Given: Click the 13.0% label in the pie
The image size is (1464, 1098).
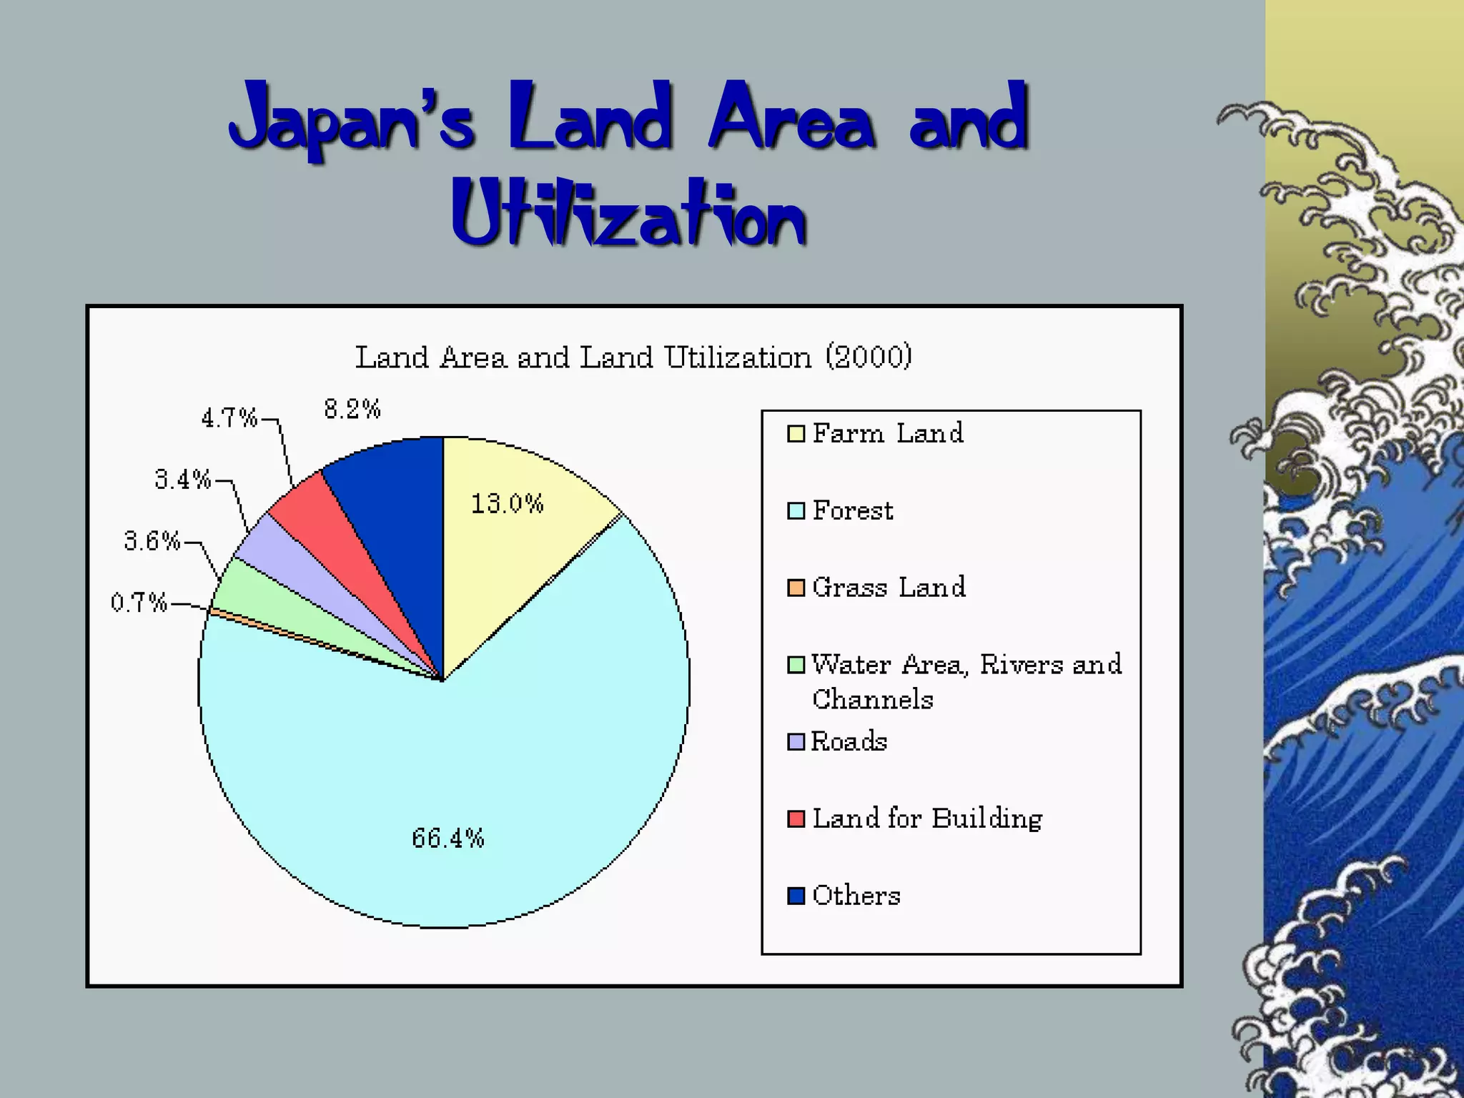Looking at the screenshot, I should (507, 504).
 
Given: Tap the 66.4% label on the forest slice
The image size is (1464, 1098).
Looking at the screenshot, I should (448, 838).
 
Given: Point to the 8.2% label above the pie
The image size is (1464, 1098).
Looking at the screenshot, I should (352, 409).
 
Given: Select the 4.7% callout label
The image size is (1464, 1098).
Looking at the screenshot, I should (229, 417).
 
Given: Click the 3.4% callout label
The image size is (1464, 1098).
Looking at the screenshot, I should (183, 479).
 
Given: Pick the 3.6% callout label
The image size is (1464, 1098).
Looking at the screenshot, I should (152, 541).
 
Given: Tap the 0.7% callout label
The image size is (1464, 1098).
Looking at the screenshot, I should (139, 603).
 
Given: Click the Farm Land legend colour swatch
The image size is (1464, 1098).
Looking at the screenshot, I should (796, 434).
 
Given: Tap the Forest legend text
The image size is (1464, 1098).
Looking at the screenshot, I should (853, 510).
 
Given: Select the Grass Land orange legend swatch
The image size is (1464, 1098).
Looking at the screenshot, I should (796, 588).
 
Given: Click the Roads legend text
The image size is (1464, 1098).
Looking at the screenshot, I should (849, 741).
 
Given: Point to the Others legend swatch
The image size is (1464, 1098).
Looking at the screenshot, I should (796, 896).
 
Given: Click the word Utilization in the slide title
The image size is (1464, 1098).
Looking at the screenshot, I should (629, 214).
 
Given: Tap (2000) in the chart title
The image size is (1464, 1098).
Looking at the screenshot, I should (869, 357).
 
